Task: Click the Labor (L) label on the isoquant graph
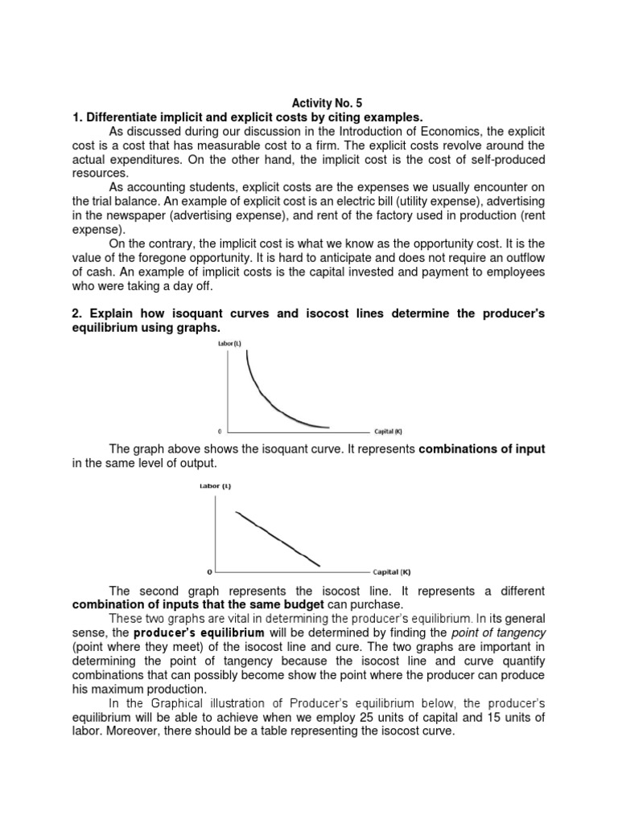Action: pos(227,344)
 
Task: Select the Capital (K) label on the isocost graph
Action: pos(391,572)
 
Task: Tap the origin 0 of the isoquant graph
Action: pos(220,432)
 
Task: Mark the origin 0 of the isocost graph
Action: pos(209,572)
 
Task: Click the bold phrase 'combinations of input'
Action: pos(482,449)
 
